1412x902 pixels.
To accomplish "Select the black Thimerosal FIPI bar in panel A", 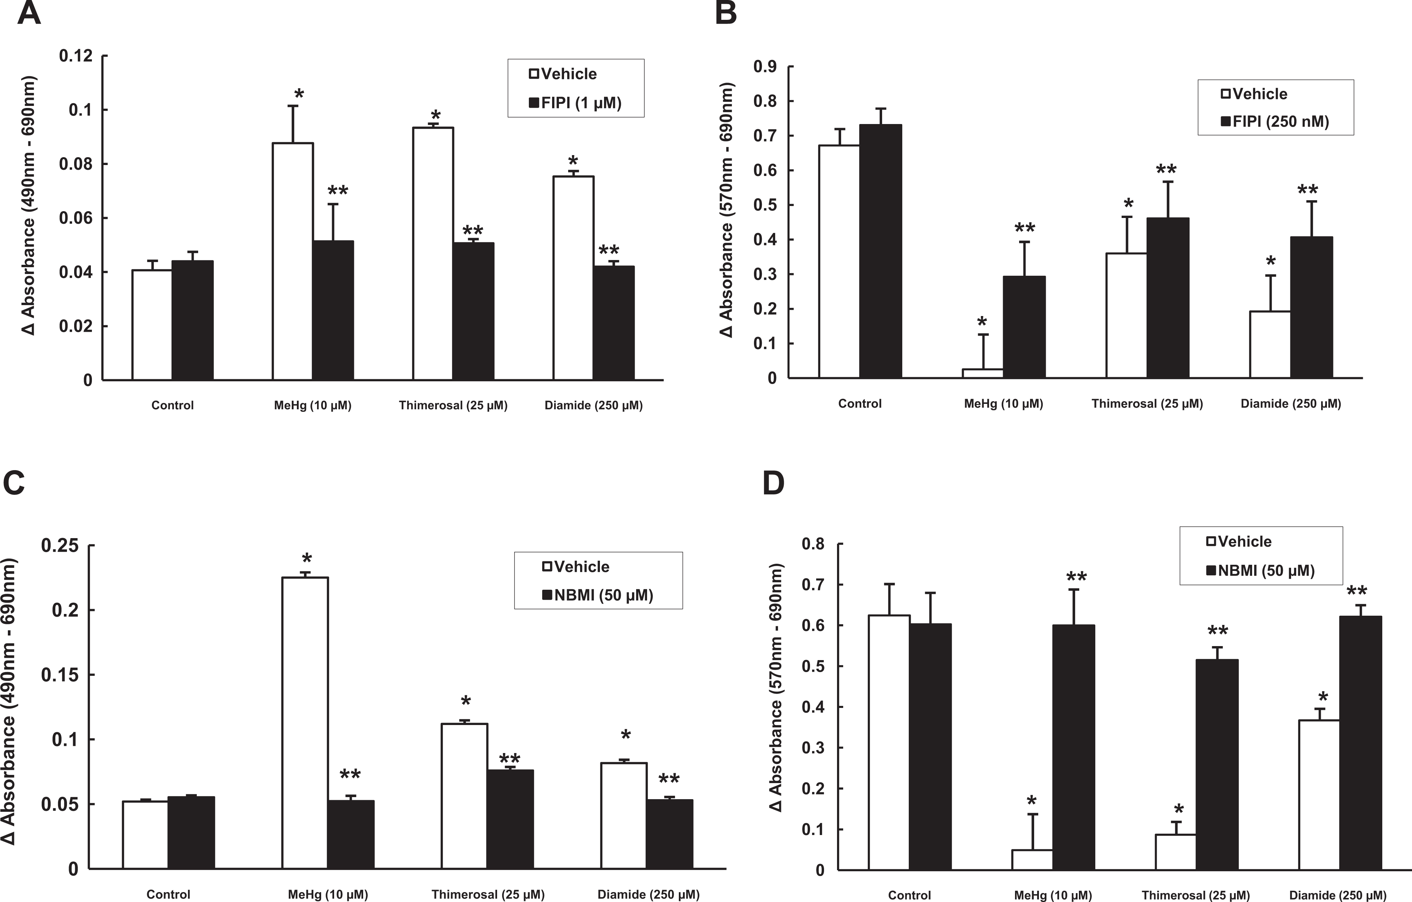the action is point(473,311).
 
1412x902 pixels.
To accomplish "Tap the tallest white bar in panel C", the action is point(305,723).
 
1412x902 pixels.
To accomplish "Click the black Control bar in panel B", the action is point(881,251).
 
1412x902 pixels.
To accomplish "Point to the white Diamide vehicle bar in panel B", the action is point(1270,344).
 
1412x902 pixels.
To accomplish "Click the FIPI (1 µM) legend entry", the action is point(575,102).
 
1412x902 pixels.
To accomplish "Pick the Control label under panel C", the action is point(168,894).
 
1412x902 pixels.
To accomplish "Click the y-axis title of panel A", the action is point(28,206).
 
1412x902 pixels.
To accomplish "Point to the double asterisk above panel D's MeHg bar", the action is point(1076,577).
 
